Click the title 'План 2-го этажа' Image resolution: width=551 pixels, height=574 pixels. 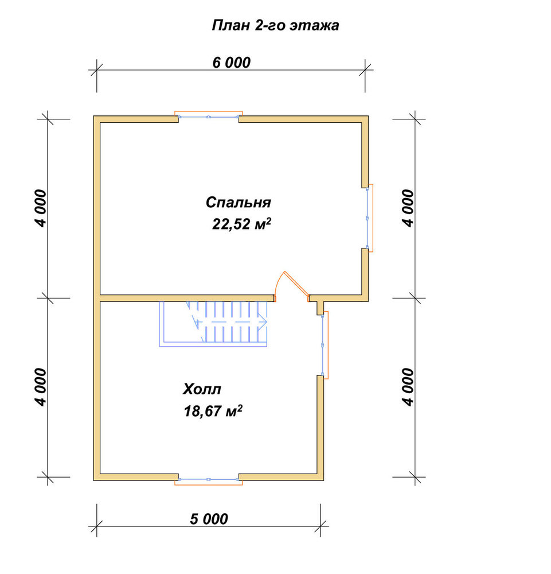coord(275,26)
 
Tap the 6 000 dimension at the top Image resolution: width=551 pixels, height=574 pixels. coord(232,63)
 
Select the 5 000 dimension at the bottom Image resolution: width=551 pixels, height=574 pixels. coord(209,519)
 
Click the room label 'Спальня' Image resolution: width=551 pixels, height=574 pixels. coord(239,203)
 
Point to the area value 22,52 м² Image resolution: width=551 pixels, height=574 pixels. coord(242,224)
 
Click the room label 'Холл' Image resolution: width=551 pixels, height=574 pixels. coord(202,389)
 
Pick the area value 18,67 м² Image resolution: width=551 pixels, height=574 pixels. coord(213,411)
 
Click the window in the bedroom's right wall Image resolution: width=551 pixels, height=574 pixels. coord(369,218)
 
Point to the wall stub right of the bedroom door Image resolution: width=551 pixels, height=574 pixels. coord(321,305)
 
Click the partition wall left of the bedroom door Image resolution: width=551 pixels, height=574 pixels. coord(187,298)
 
